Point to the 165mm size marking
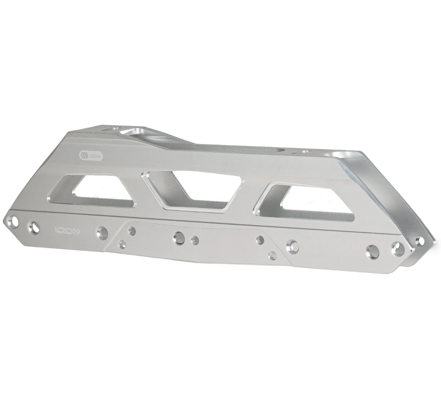96,156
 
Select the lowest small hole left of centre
121,244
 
